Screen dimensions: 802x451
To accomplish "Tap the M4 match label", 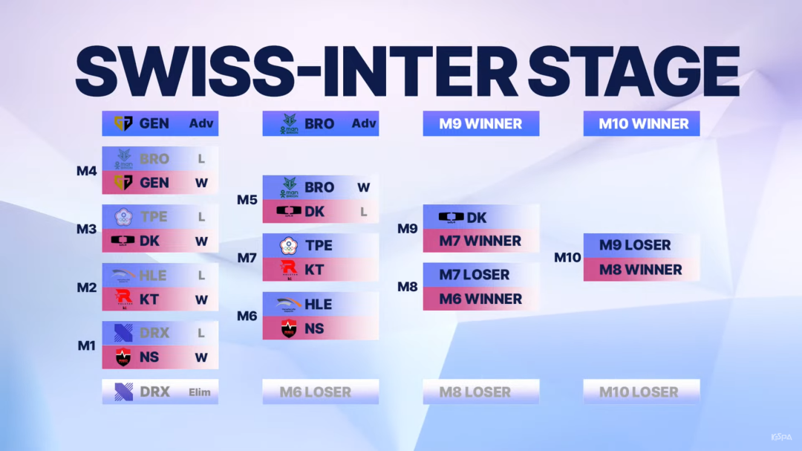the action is pos(86,171).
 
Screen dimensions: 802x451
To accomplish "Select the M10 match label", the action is pos(567,258).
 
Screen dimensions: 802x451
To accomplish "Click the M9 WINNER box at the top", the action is pos(480,123).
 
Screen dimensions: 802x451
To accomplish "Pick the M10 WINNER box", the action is pos(642,123).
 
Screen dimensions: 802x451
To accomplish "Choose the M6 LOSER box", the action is pos(321,392).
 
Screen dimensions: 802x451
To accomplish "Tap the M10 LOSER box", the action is pos(642,392).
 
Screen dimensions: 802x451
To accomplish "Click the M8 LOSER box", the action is pos(480,392).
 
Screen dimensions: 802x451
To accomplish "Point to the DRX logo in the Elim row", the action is pos(123,392).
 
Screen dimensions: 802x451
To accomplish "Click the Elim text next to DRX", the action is pos(200,392).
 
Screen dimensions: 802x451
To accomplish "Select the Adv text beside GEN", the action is pos(201,123).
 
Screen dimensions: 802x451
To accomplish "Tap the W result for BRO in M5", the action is pos(364,187).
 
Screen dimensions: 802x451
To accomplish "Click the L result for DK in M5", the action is pos(364,212).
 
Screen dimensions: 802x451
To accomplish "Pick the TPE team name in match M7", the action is pos(319,246).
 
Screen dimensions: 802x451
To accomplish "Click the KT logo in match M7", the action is pos(289,270).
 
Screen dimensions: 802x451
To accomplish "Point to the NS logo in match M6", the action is pos(289,328).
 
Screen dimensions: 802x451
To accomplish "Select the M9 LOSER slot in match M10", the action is pos(635,245).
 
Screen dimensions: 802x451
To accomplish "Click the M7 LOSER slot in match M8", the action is pos(474,275).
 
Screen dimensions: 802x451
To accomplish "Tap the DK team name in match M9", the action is pos(476,218).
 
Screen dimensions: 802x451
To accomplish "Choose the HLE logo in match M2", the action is pos(123,276).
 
